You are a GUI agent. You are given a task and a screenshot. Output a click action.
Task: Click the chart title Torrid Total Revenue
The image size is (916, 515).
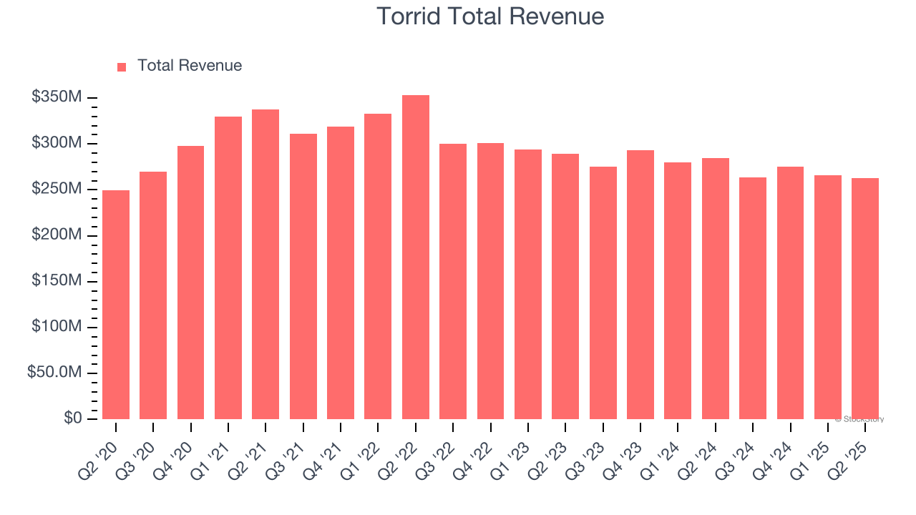point(490,16)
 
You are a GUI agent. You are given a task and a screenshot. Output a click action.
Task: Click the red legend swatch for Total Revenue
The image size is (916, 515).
point(122,67)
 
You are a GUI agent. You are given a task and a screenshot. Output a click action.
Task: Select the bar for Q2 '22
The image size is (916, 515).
point(416,257)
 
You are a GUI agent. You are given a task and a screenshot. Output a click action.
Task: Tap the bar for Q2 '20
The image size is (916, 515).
point(116,305)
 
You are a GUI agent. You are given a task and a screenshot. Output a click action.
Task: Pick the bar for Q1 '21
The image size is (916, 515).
point(228,268)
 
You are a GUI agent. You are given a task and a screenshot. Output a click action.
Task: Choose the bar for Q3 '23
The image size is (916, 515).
point(603,293)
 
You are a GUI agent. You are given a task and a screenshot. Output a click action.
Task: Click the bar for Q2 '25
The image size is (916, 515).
point(865,299)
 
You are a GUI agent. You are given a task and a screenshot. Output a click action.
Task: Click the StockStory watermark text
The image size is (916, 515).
point(859,420)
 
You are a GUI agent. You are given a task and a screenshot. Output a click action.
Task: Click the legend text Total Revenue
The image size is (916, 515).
point(190,66)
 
